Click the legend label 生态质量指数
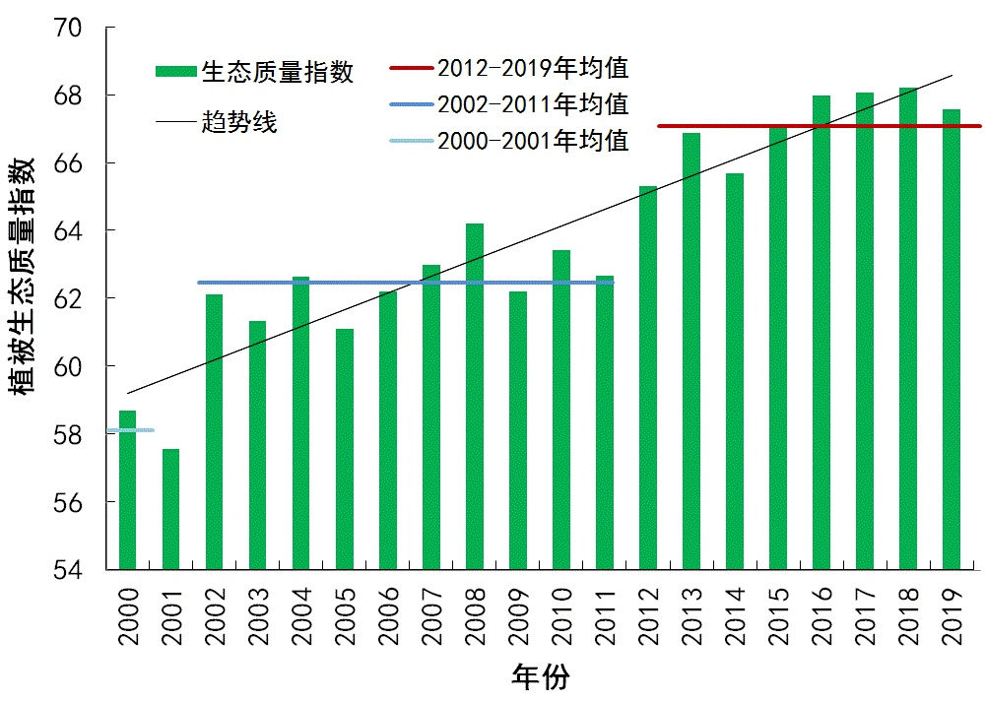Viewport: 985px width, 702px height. (x=277, y=71)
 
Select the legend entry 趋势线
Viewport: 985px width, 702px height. (x=239, y=123)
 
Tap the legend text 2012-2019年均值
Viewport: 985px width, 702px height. (x=533, y=68)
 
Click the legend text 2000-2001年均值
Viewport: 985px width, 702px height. (x=533, y=141)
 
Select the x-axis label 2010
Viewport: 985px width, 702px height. (x=561, y=616)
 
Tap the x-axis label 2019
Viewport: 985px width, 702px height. (x=952, y=616)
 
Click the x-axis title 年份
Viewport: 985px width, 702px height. (x=541, y=676)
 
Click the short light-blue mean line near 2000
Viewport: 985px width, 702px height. (x=132, y=430)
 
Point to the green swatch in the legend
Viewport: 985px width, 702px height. (x=176, y=71)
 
